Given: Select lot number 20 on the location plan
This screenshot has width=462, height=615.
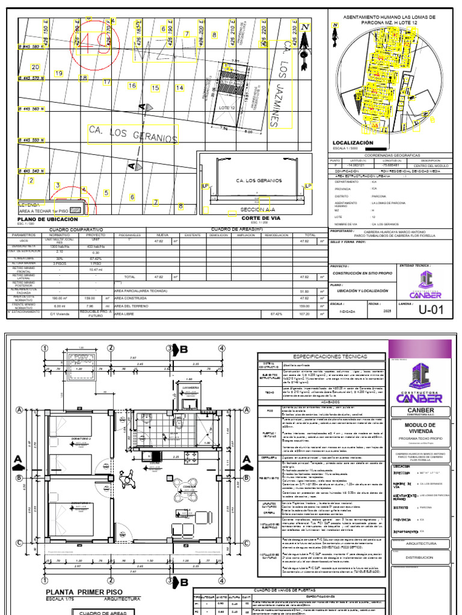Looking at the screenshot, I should coord(35,67).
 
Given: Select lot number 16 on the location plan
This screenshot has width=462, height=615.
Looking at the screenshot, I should coord(132,86).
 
